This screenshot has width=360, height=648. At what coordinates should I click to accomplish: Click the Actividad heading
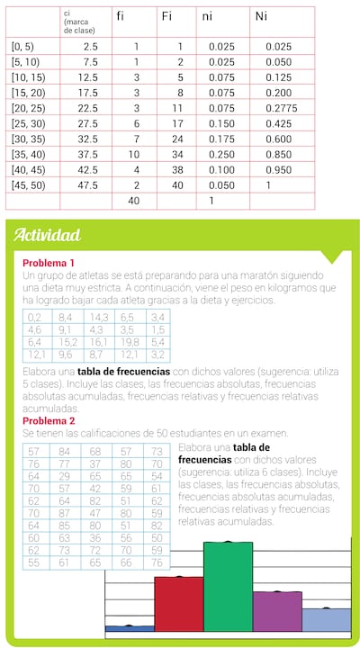coord(47,235)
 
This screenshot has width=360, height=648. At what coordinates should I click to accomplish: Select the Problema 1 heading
coord(49,261)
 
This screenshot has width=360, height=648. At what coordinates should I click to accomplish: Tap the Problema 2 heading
coord(49,420)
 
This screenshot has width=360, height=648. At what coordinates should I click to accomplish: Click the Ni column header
coord(262,15)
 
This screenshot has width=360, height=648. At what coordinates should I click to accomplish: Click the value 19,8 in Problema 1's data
coord(130,342)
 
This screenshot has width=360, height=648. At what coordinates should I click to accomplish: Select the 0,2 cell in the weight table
coord(36,318)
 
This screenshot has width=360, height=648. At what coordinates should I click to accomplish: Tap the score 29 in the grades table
coord(62,475)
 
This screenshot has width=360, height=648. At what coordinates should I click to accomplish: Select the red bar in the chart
coord(179,603)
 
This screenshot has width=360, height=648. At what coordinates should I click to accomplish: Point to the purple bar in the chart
coord(277,610)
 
